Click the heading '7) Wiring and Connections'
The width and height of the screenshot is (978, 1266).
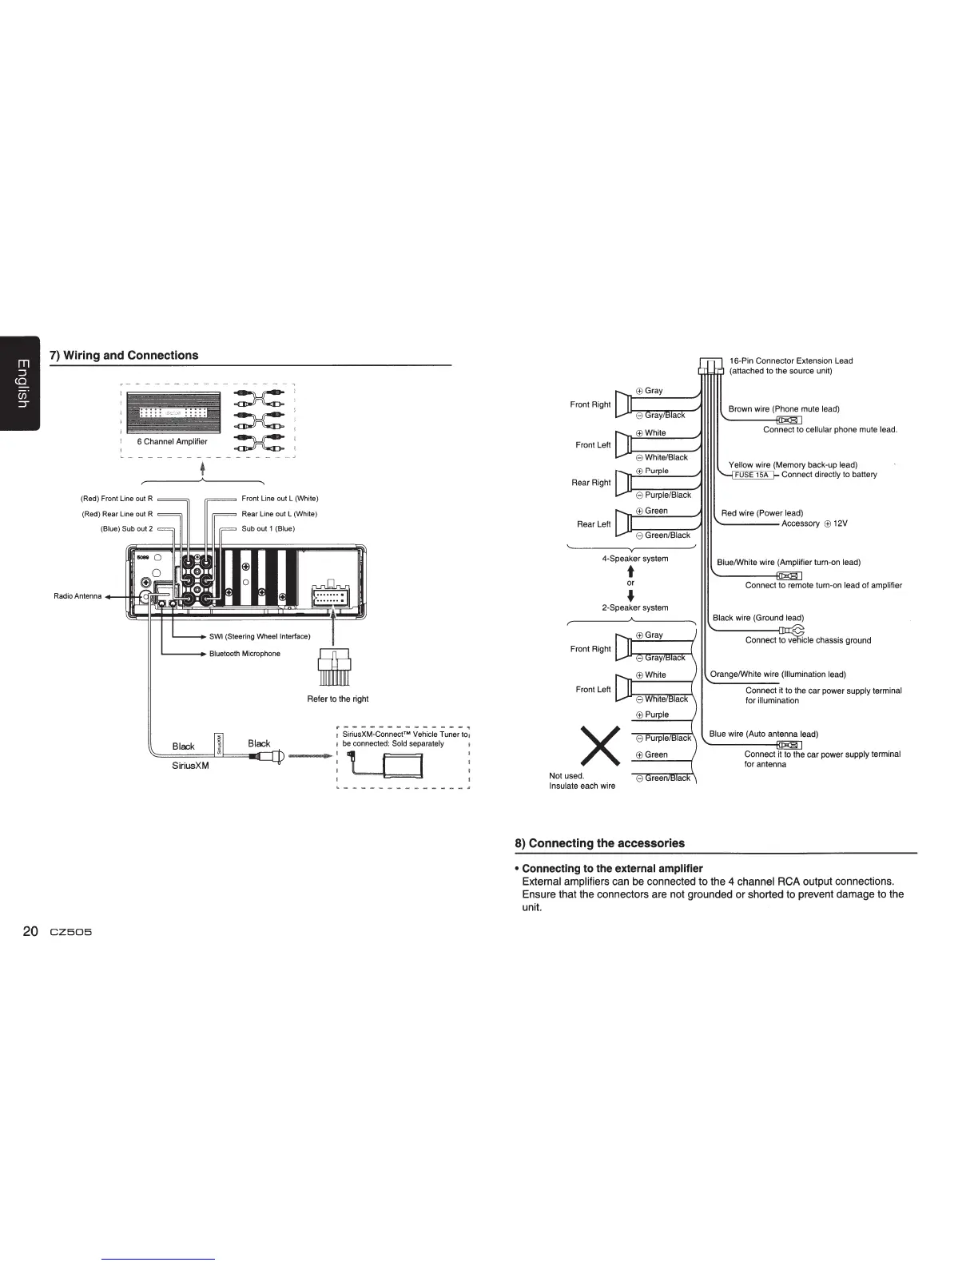tap(124, 356)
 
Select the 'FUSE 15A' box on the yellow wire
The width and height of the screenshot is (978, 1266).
tap(752, 475)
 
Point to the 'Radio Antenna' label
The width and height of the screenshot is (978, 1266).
tap(78, 596)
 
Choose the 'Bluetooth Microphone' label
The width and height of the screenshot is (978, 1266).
tap(245, 654)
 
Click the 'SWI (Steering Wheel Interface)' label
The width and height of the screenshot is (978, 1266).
tap(260, 636)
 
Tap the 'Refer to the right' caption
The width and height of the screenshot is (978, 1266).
tap(338, 699)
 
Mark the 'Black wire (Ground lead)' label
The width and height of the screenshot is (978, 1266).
tap(757, 618)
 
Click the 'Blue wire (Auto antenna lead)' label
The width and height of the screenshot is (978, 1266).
tap(763, 734)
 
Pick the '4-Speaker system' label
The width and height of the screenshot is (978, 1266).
tap(634, 559)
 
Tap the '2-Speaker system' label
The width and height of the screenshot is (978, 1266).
tap(634, 607)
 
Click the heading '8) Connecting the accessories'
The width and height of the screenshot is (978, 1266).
tap(598, 843)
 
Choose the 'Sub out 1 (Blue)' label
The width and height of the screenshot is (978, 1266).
tap(268, 528)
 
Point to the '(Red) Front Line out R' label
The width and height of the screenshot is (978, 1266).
tap(117, 499)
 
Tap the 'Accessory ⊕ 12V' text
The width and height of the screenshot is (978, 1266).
tap(814, 524)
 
